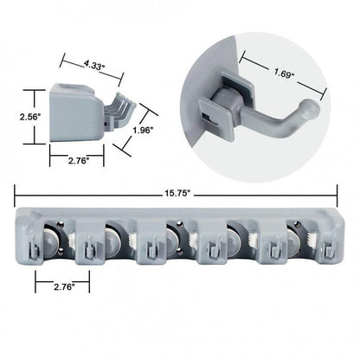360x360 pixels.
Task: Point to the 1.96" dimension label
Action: click(x=144, y=132)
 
